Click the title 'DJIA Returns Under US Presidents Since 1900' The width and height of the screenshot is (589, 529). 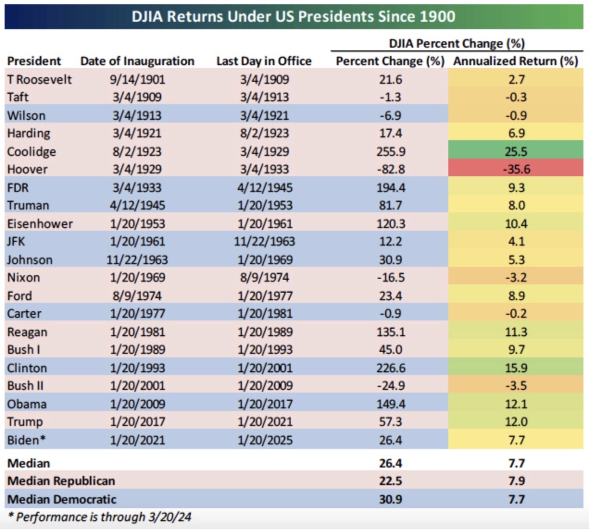coord(294,17)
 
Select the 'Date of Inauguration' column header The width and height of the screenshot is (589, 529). coord(137,61)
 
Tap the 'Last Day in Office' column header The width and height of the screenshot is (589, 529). coord(264,61)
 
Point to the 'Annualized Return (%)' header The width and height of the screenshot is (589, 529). coord(515,61)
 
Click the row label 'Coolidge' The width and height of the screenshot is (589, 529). coord(31,152)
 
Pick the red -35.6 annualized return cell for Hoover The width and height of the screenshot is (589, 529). coord(516,169)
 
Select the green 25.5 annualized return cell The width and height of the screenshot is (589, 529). coord(516,152)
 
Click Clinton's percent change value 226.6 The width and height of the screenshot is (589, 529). coord(390,368)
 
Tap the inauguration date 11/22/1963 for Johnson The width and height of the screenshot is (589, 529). coord(137,260)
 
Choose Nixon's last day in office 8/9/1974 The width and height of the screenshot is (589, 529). coord(265,277)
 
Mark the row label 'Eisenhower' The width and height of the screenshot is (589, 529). coord(40,224)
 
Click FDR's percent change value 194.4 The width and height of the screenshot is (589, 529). coord(390,188)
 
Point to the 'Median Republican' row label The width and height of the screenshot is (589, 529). coord(61,481)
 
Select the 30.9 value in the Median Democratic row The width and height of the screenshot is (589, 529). coord(390,499)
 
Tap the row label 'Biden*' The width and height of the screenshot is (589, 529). coord(26,440)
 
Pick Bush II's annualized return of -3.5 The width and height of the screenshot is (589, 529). coord(516,386)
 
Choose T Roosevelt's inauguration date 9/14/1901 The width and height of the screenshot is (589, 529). coord(137,80)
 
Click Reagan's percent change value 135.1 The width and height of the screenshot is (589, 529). coord(390,332)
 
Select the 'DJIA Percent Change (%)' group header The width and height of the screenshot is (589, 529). coord(457,43)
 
